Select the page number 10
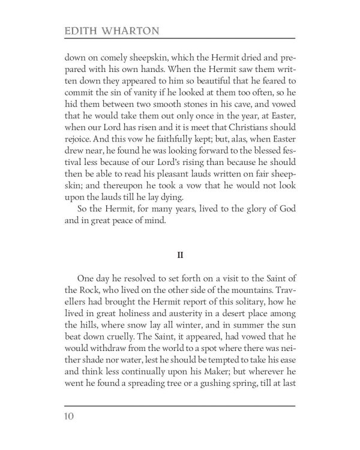click(70, 415)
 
